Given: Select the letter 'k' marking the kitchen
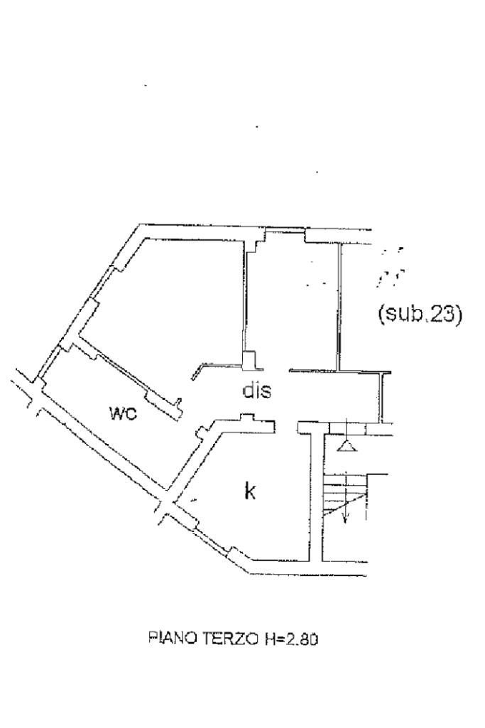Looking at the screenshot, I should tap(249, 491).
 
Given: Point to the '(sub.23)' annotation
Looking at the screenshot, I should tap(420, 313).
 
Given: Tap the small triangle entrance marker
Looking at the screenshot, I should tap(345, 445).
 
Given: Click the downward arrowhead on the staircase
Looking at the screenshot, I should tap(344, 518).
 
